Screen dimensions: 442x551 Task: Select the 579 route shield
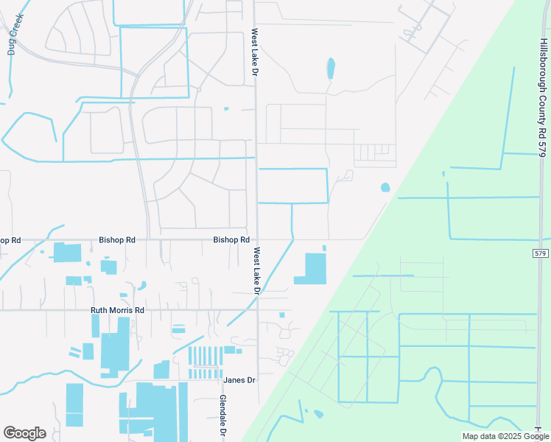coord(540,253)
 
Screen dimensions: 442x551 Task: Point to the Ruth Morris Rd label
coord(117,311)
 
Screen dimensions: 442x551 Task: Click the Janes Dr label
coord(239,380)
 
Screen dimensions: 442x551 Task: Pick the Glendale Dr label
coord(222,416)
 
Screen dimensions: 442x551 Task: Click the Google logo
coord(24,433)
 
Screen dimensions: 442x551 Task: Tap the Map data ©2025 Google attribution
coord(504,436)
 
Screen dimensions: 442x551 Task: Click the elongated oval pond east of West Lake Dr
coord(331,69)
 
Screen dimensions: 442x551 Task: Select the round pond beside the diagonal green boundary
coord(385,188)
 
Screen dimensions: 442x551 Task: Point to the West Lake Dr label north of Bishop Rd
coord(254,55)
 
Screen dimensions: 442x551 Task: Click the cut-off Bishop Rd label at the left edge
coord(10,241)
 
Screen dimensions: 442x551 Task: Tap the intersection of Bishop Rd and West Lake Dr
coord(256,239)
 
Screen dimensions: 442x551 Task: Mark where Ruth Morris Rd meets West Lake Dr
coord(257,310)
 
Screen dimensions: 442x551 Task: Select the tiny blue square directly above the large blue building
coord(323,248)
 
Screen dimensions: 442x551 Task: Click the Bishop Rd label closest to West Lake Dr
coord(231,240)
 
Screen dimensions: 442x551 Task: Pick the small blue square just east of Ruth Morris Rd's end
coord(282,315)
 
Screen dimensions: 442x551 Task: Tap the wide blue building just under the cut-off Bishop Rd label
coord(67,252)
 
